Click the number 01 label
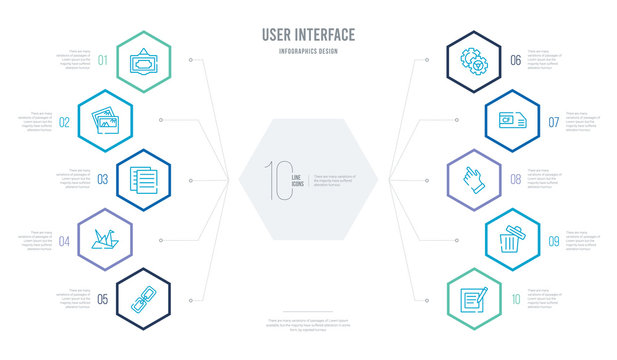pos(103,60)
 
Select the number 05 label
pos(103,298)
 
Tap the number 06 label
pos(515,60)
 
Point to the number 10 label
pos(515,298)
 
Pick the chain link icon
pos(136,298)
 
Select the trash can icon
pos(511,238)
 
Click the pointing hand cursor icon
pos(474,179)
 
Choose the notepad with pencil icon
pos(475,299)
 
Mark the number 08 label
pos(515,179)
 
